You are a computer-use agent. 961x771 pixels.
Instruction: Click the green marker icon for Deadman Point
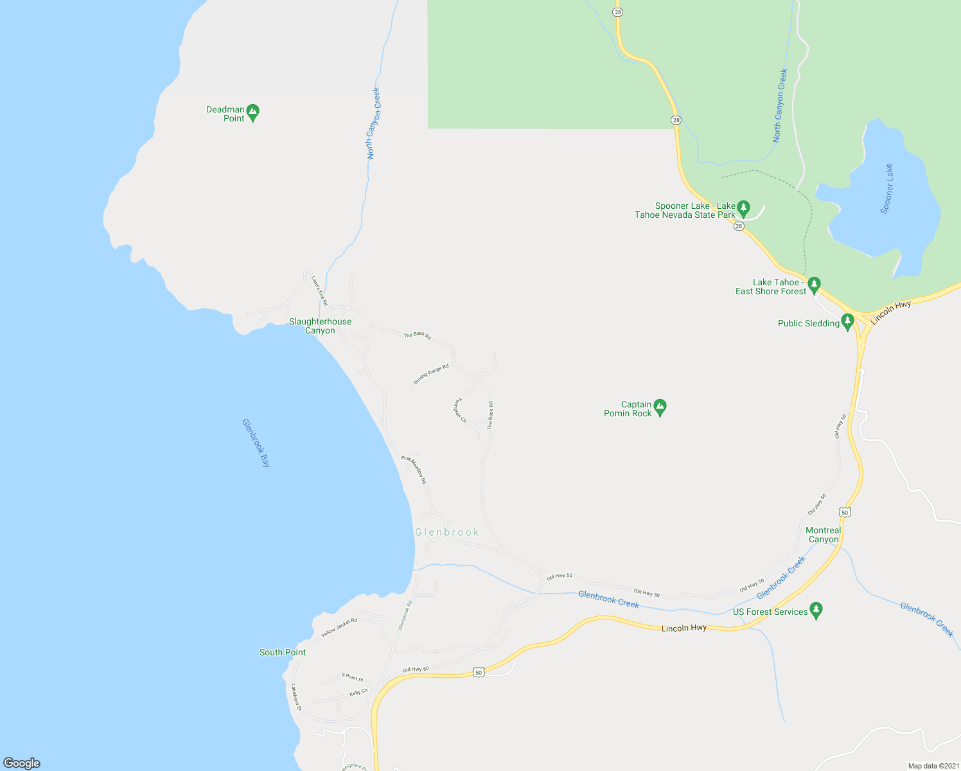(x=252, y=112)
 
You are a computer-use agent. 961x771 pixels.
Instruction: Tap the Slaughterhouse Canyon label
(x=320, y=326)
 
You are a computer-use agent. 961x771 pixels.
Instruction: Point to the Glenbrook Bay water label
(x=256, y=443)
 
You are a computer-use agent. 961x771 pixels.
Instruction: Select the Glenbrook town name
(x=447, y=532)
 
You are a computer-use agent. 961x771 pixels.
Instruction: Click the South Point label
(x=283, y=652)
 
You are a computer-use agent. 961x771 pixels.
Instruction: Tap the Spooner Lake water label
(x=887, y=189)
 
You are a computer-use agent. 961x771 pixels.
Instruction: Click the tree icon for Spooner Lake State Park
(x=743, y=208)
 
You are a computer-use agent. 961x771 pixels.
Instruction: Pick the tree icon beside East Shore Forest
(x=814, y=283)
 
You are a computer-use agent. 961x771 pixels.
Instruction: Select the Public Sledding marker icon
(x=847, y=321)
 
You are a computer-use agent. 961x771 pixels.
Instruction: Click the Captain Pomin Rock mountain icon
(x=660, y=406)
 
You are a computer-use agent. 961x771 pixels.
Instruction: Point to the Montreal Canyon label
(x=823, y=535)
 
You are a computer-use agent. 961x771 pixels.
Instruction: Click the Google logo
(x=22, y=763)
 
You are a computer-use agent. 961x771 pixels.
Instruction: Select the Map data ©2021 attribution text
(x=932, y=766)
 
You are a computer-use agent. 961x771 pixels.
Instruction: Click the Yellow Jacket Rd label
(x=339, y=628)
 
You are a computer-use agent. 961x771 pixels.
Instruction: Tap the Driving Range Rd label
(x=431, y=375)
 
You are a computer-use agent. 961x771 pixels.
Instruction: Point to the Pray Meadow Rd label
(x=414, y=470)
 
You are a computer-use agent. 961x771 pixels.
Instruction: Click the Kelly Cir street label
(x=358, y=693)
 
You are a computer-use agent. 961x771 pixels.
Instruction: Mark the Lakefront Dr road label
(x=296, y=697)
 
